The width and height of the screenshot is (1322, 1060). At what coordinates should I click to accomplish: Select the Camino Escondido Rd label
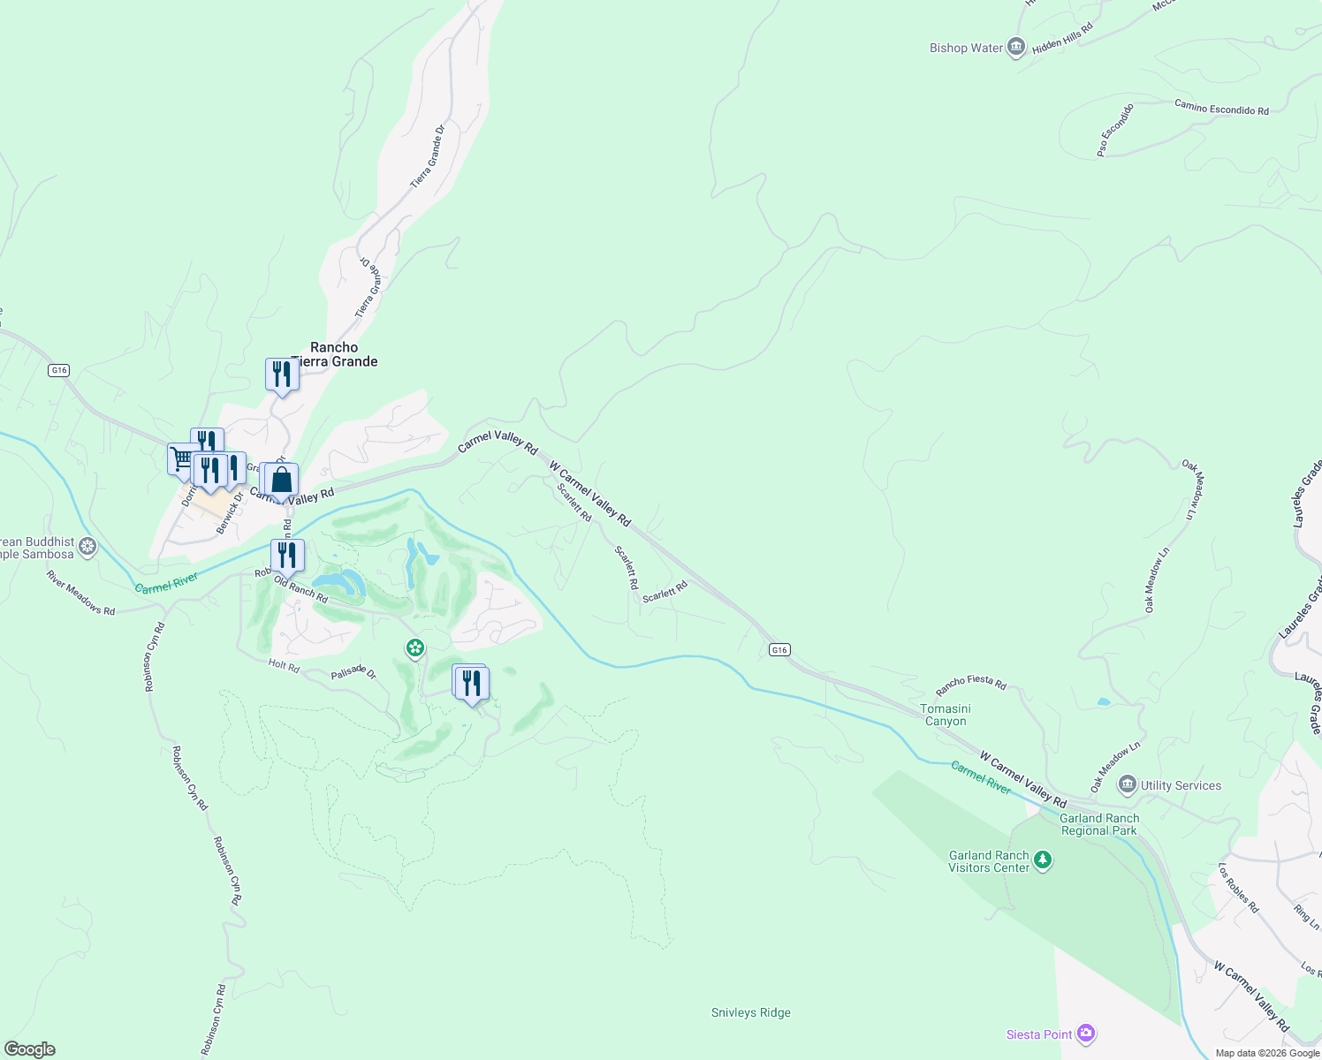pos(1221,108)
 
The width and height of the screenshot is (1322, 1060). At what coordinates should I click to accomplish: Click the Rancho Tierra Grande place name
pos(335,354)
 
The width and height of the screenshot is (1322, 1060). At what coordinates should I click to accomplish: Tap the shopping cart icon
pos(182,458)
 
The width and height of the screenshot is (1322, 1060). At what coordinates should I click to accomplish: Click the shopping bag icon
pos(282,481)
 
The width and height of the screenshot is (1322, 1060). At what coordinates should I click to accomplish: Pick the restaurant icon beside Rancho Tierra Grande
pos(282,375)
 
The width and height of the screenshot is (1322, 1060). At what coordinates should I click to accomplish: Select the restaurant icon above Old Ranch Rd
pos(287,556)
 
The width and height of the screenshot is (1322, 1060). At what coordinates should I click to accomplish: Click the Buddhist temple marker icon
pos(87,548)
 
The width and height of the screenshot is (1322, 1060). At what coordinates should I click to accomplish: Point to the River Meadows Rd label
pos(81,593)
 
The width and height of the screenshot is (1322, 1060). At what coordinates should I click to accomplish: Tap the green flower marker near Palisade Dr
pos(415,649)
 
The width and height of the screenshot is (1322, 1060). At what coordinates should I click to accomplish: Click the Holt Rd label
pos(284,665)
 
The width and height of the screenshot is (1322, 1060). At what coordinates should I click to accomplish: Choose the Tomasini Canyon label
pos(946,715)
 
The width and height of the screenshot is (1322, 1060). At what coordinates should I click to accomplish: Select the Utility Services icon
pos(1127,785)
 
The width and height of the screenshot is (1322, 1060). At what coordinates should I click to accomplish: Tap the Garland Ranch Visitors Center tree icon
pos(1043,861)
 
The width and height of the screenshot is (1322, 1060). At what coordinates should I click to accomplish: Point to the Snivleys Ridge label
pos(750,1013)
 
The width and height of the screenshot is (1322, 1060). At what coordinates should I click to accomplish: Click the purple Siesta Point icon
pos(1086,1033)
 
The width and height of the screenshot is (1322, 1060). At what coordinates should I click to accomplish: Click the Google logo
pos(30,1049)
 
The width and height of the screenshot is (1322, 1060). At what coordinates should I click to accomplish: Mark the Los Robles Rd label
pos(1238,888)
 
